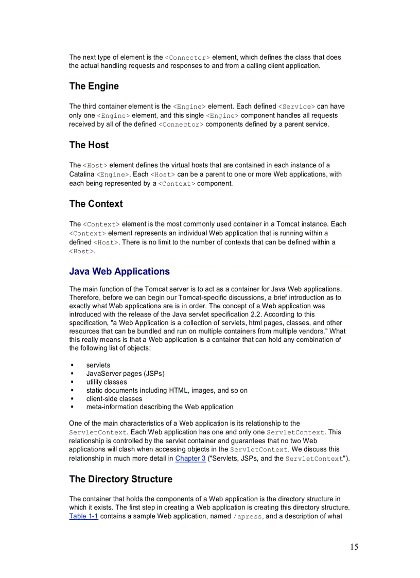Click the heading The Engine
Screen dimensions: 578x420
(x=94, y=86)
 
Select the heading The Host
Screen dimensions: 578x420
(x=89, y=145)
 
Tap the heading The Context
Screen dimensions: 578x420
(x=96, y=204)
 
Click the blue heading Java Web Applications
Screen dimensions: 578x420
(x=119, y=271)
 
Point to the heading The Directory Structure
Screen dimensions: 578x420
(x=121, y=479)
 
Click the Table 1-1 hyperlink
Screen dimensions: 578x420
(x=84, y=516)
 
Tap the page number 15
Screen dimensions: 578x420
(x=354, y=547)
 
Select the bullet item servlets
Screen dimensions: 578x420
(x=98, y=365)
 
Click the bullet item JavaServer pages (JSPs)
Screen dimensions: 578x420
(x=126, y=374)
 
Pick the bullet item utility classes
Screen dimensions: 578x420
(x=107, y=382)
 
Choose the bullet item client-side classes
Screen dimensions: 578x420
(x=114, y=398)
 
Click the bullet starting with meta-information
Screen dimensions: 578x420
(x=160, y=407)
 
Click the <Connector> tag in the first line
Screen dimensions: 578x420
(x=187, y=58)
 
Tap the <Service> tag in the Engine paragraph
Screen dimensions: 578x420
(x=296, y=107)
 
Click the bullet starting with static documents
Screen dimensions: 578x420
(x=167, y=390)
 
